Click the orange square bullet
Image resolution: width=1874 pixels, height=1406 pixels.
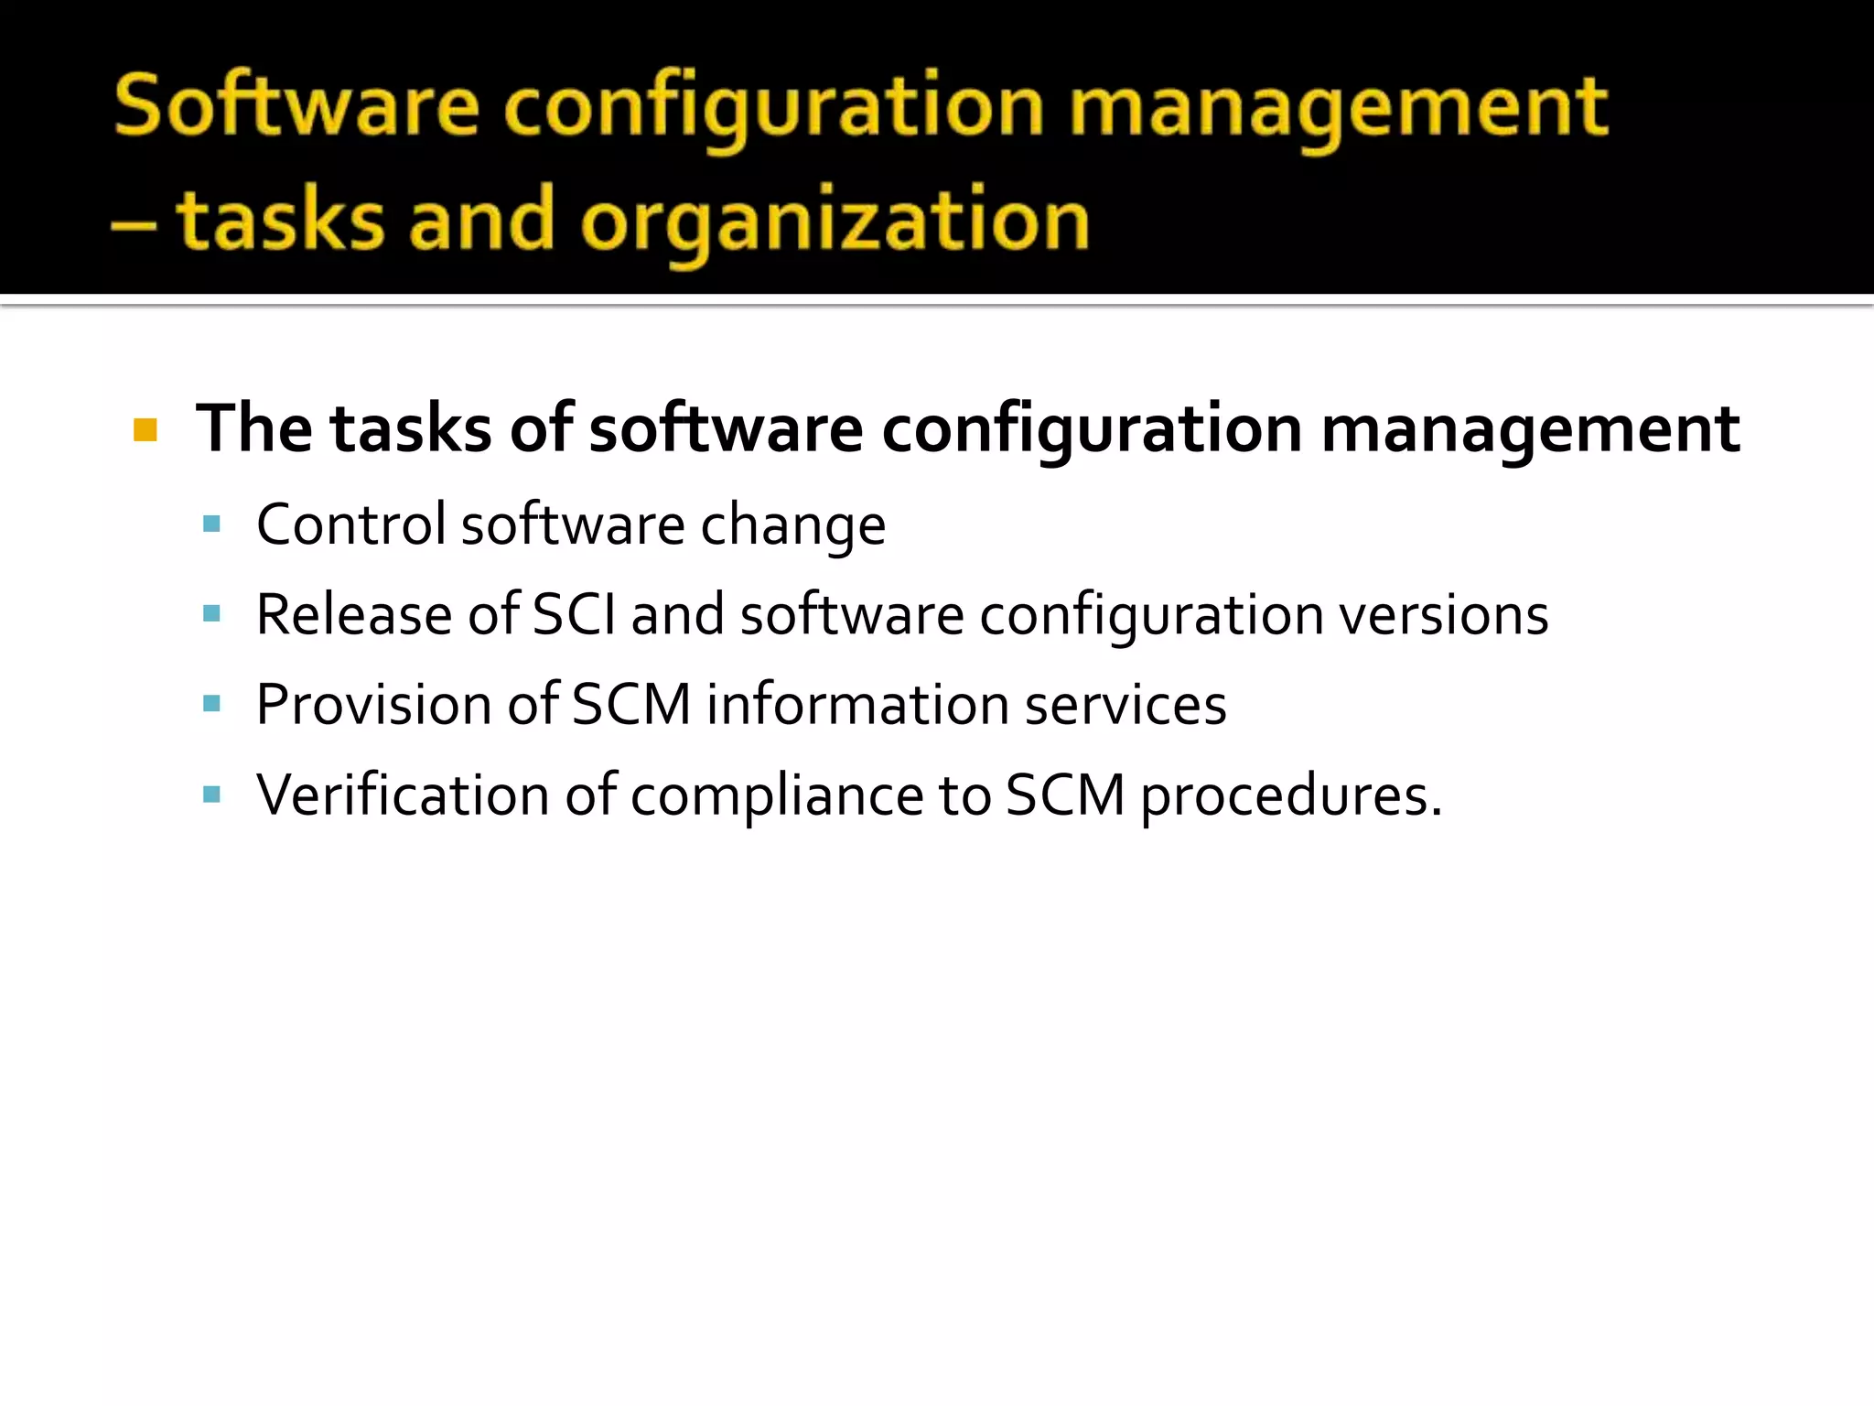click(145, 429)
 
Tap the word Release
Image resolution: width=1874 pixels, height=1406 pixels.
click(354, 614)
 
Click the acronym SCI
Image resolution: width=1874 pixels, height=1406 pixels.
click(574, 614)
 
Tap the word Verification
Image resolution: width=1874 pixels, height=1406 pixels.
click(403, 795)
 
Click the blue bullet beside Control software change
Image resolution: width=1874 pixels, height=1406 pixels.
click(212, 525)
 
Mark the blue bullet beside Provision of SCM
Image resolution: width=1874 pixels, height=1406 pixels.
click(212, 704)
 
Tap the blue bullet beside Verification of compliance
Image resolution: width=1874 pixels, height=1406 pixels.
click(212, 794)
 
